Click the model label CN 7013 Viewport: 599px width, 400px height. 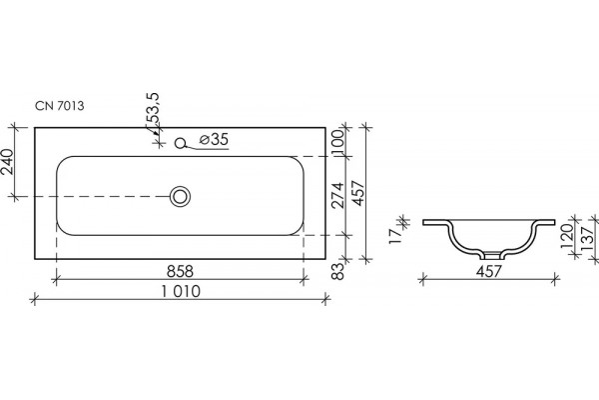tap(60, 106)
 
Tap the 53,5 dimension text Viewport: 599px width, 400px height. tap(154, 108)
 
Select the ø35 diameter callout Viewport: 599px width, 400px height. tap(214, 139)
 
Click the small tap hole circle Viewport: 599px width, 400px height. tap(180, 143)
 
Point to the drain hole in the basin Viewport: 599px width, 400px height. tap(180, 196)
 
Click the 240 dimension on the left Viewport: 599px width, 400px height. tap(7, 161)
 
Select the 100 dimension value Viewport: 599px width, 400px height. tap(337, 141)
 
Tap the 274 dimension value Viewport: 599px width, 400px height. tap(337, 195)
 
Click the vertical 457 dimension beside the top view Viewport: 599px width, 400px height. tap(358, 193)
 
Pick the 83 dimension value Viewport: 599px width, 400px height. tap(337, 271)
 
